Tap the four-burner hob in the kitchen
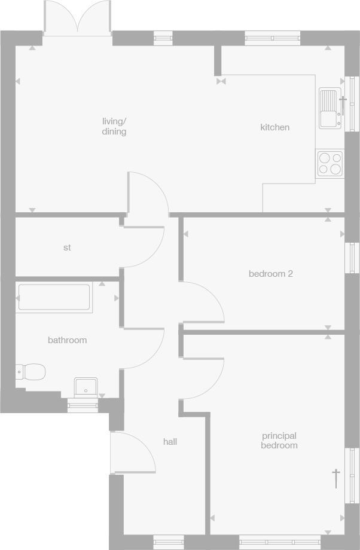330,163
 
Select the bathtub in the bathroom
54,297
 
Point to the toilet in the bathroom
32,372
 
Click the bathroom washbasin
86,387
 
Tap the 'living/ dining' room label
114,126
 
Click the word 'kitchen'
274,127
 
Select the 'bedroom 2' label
270,274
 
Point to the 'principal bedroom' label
279,441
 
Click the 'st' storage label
67,247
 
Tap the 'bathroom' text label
67,340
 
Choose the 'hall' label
170,442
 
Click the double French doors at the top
77,18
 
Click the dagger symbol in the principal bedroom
336,478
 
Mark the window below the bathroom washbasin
83,407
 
